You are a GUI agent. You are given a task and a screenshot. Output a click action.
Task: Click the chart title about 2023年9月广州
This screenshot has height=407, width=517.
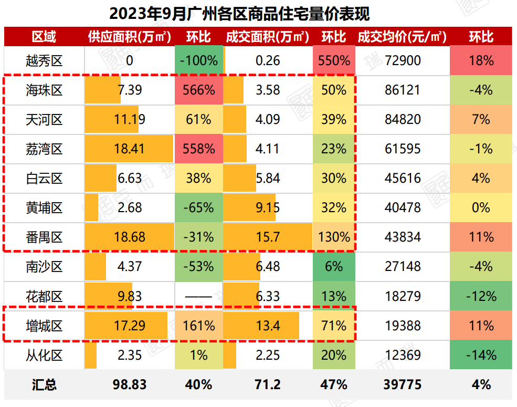click(258, 13)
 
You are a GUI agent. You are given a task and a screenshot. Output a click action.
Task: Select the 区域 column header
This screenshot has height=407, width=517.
click(44, 37)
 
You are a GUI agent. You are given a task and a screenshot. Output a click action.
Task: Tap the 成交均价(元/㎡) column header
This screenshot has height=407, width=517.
click(402, 37)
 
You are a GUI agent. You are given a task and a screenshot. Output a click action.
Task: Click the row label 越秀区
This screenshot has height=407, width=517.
click(44, 61)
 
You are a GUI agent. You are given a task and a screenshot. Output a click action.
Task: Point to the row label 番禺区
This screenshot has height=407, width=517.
click(44, 237)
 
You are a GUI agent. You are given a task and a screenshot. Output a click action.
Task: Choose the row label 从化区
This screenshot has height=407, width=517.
click(44, 355)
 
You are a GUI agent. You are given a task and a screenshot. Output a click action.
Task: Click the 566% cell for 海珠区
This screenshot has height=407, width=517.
click(198, 90)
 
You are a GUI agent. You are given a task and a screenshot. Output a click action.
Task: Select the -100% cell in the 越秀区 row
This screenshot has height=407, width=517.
click(198, 61)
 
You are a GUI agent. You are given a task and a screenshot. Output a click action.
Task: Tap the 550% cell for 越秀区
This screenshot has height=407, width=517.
click(334, 61)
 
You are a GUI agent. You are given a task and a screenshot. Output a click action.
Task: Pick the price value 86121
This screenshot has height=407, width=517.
click(403, 90)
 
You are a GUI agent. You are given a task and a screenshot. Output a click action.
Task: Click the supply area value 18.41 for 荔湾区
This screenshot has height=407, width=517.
click(129, 149)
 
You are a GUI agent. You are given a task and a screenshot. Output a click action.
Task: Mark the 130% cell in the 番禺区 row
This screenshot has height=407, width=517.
click(334, 237)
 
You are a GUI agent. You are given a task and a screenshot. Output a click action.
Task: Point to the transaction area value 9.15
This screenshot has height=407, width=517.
click(268, 208)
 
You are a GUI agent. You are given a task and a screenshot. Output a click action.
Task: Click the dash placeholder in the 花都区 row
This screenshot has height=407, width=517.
click(198, 296)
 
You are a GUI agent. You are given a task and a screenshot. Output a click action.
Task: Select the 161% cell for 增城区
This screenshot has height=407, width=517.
click(198, 326)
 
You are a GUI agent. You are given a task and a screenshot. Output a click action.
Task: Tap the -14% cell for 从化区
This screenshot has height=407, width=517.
click(481, 355)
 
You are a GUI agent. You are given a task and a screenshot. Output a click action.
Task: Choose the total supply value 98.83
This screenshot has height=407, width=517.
click(129, 384)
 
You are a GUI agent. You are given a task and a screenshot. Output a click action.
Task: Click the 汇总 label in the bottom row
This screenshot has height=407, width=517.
click(44, 384)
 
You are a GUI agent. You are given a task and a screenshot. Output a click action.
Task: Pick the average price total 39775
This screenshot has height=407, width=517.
click(403, 384)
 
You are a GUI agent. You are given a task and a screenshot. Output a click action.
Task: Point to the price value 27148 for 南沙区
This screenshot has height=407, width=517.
click(403, 267)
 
